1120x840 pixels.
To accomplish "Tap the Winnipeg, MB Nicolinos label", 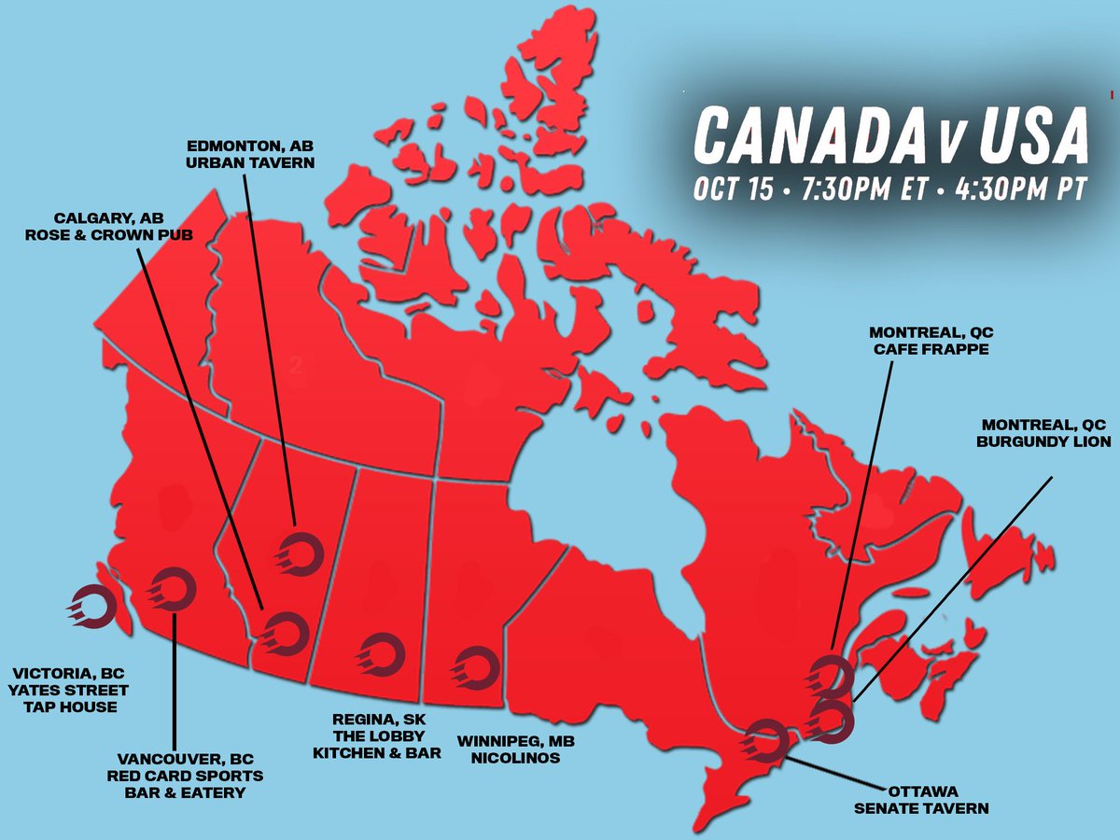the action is pos(509,749).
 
